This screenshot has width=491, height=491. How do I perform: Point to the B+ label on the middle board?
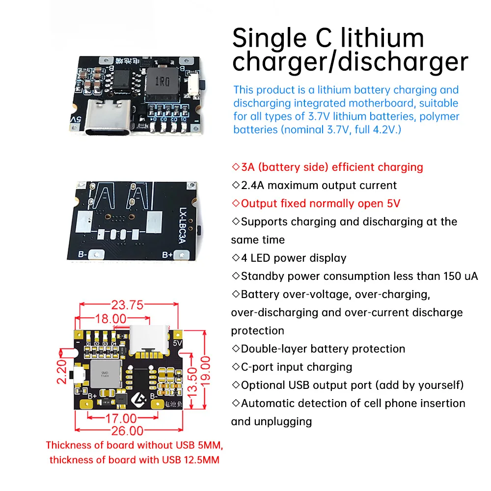coord(168,254)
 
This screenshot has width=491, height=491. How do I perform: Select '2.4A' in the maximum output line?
coord(254,185)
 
